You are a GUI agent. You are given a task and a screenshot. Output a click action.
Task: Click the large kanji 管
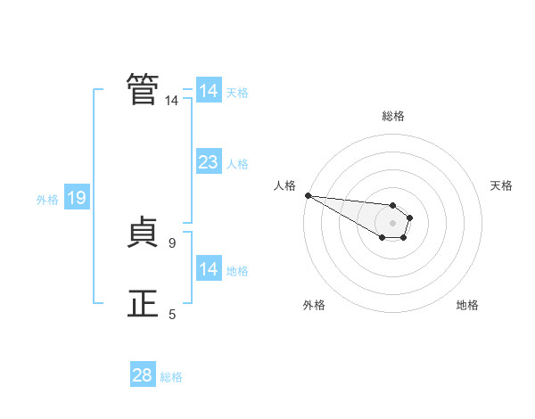pos(143,89)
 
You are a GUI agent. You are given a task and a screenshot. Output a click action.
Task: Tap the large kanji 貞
pos(143,232)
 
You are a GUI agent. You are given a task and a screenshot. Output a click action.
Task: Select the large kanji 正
pos(143,303)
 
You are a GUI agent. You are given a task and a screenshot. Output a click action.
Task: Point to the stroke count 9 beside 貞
pos(172,243)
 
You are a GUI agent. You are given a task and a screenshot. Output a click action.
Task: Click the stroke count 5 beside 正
pos(172,314)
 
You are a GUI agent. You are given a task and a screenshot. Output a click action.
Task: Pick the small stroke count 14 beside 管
pos(171,101)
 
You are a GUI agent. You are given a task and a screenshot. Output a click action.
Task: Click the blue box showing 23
pos(209,161)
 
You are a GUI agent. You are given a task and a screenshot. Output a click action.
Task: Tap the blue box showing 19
pos(77,196)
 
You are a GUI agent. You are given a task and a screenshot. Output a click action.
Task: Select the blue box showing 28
pos(143,374)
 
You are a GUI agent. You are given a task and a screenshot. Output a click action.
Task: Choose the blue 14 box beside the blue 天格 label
pos(209,90)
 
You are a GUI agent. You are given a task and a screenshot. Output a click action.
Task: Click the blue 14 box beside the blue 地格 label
pos(209,267)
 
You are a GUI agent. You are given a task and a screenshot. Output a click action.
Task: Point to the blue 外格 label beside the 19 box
pos(47,200)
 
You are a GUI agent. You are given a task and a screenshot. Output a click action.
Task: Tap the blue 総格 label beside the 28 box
pos(171,377)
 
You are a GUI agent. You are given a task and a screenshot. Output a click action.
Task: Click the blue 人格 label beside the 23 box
pos(237,164)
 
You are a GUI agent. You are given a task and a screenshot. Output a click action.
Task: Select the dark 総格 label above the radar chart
pos(393,116)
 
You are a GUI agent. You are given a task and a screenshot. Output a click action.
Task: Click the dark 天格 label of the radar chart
pos(501,185)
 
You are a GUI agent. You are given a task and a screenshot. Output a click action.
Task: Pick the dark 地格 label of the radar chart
pos(467,305)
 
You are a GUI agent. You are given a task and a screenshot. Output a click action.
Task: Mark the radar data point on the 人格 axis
pos(309,195)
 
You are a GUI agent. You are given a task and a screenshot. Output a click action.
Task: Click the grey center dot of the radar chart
pos(392,223)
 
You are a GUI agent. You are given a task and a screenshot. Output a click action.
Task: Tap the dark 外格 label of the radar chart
pos(314,305)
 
